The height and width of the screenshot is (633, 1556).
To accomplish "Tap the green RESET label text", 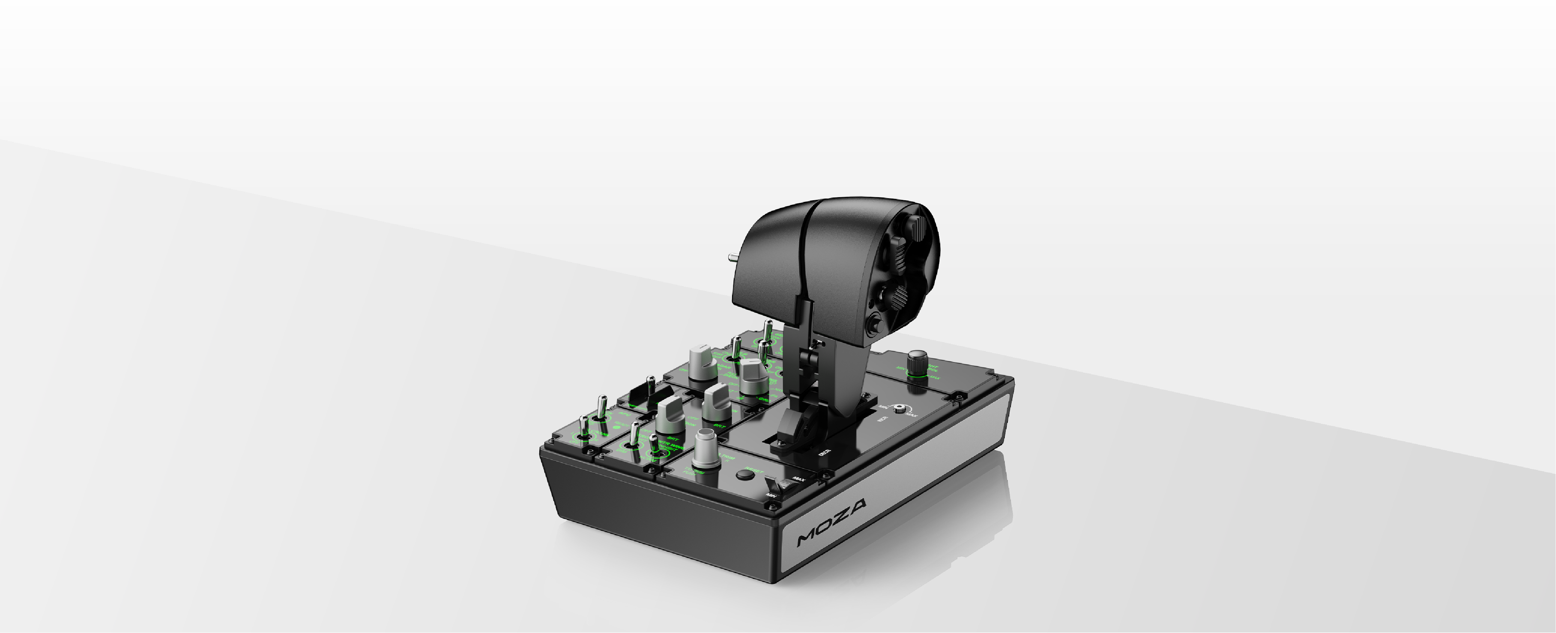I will click(754, 470).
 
